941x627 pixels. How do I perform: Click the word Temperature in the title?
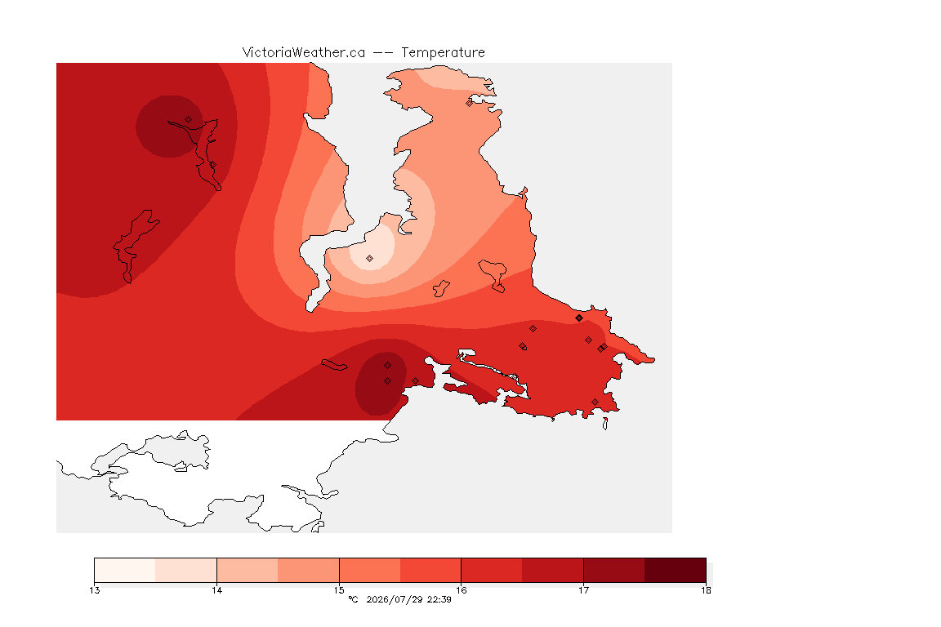click(x=443, y=53)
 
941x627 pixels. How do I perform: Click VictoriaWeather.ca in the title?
click(x=304, y=53)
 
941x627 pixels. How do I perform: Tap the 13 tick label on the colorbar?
click(x=94, y=590)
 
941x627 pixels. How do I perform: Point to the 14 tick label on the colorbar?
click(x=216, y=590)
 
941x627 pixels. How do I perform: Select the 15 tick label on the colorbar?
click(x=339, y=590)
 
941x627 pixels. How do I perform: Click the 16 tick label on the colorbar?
click(x=461, y=590)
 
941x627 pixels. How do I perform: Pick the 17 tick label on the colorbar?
click(x=583, y=590)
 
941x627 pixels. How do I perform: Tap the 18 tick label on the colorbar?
click(x=706, y=590)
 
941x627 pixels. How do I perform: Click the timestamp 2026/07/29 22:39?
click(x=408, y=599)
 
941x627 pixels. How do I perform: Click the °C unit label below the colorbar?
click(x=353, y=599)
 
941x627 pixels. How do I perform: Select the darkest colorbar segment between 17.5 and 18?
click(x=676, y=570)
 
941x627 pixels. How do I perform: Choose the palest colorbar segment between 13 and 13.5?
click(x=125, y=570)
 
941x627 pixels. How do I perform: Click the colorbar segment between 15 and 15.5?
click(x=370, y=570)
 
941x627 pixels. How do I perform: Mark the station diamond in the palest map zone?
click(x=370, y=259)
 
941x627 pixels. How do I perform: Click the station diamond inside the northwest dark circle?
click(x=189, y=120)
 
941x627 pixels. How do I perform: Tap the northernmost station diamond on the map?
click(x=470, y=103)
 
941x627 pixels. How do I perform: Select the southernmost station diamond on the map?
click(x=595, y=402)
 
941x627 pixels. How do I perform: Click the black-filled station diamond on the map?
click(x=579, y=318)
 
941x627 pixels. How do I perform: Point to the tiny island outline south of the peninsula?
click(x=605, y=424)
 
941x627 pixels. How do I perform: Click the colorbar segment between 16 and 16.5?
click(x=492, y=570)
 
